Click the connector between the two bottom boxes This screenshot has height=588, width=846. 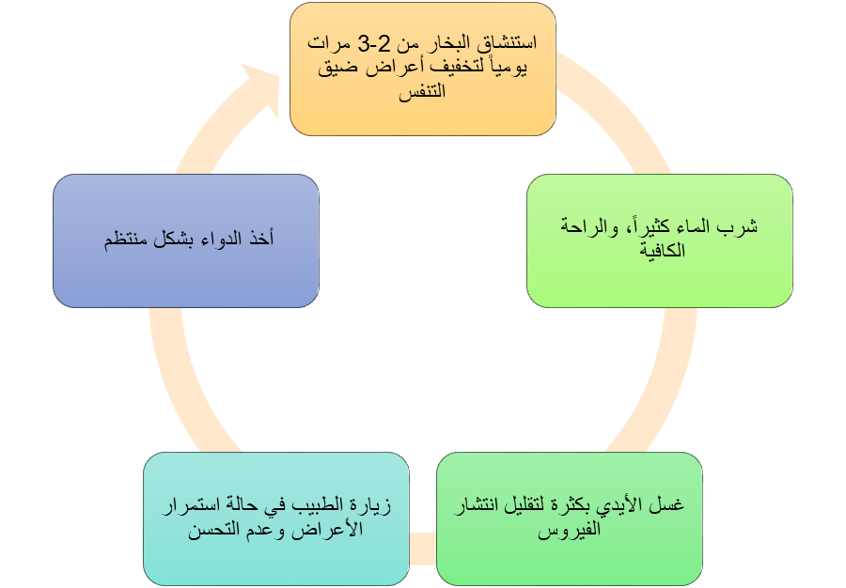pyautogui.click(x=424, y=544)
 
